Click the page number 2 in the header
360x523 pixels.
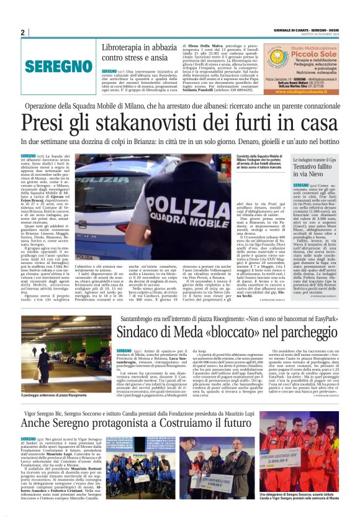(22, 32)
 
